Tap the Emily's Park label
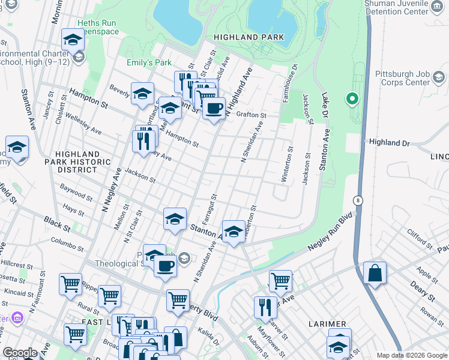pyautogui.click(x=149, y=62)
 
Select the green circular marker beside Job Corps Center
pyautogui.click(x=352, y=99)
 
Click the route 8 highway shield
pyautogui.click(x=358, y=200)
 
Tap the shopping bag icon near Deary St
pyautogui.click(x=375, y=272)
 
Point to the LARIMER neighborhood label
pyautogui.click(x=328, y=324)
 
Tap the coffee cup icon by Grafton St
pyautogui.click(x=214, y=109)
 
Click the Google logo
pyautogui.click(x=20, y=353)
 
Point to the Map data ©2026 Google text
pyautogui.click(x=411, y=355)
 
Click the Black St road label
pyautogui.click(x=58, y=224)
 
